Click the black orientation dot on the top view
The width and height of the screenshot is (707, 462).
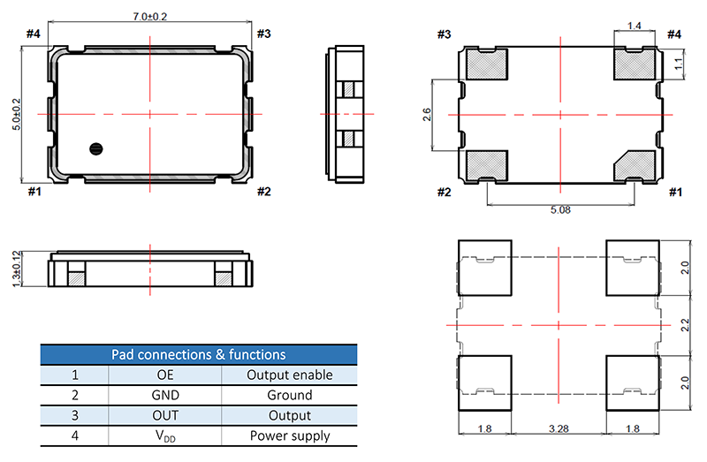point(96,148)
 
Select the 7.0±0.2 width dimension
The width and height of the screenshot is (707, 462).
point(149,17)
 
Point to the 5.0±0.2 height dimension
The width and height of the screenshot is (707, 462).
point(17,115)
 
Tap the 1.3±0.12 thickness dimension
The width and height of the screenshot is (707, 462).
point(17,269)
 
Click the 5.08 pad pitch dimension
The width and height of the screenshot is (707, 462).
point(560,210)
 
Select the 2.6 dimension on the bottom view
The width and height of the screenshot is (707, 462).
point(427,115)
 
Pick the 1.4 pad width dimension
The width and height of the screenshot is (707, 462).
point(634,26)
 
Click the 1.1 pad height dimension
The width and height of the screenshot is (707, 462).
point(679,63)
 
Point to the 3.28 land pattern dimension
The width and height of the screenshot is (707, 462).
point(559,428)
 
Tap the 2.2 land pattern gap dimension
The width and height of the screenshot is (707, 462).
point(685,325)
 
